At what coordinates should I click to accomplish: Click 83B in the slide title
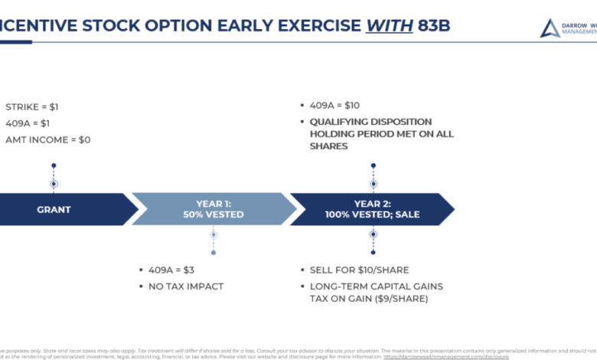click(x=434, y=25)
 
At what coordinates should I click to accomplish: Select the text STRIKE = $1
click(x=32, y=106)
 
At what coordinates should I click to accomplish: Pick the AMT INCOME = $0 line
click(x=47, y=139)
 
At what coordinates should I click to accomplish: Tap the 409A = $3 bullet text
click(x=172, y=270)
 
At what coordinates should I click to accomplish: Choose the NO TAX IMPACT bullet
click(x=186, y=286)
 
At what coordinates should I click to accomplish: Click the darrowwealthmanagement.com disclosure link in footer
click(x=445, y=356)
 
